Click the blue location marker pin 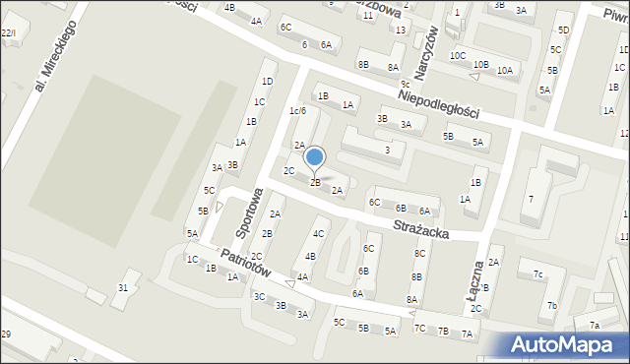pos(315,157)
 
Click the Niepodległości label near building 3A pos(439,98)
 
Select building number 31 pos(123,287)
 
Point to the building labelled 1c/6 pos(297,110)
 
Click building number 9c pos(405,85)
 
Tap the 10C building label pos(458,55)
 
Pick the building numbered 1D pos(267,81)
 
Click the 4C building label pos(319,233)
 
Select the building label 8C pos(419,253)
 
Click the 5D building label pos(563,30)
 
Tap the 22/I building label pos(8,33)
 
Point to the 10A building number pos(504,70)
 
